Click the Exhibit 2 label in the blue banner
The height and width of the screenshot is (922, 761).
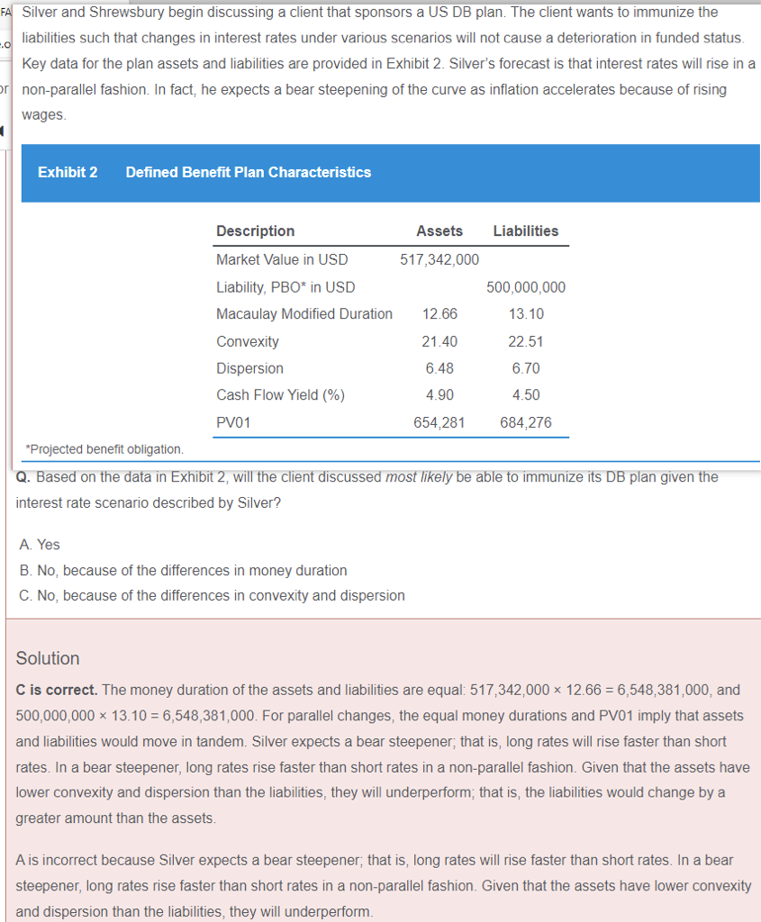click(68, 172)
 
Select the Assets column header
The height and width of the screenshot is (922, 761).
click(439, 230)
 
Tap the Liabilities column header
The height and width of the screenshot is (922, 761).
click(526, 230)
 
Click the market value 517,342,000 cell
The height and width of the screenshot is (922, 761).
click(439, 259)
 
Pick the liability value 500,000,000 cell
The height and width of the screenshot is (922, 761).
click(526, 287)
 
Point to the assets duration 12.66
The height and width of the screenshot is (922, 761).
click(439, 314)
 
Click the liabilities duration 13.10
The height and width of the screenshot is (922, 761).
click(526, 314)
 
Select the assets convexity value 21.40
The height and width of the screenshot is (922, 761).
click(439, 341)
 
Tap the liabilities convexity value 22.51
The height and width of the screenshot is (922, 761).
click(526, 341)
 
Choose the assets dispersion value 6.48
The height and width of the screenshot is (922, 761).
click(439, 368)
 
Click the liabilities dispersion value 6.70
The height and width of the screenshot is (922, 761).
click(526, 368)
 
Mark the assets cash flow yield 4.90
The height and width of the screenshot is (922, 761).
click(439, 394)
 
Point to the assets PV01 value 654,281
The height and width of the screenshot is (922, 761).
click(439, 422)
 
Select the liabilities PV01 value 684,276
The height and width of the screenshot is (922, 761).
click(526, 422)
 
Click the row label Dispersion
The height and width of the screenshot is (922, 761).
click(249, 368)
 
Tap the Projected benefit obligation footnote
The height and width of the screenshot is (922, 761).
click(104, 448)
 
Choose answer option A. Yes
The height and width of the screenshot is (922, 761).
click(40, 545)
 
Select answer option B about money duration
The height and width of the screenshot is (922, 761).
click(183, 570)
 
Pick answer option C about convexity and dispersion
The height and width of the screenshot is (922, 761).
click(212, 595)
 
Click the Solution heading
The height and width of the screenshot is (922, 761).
click(48, 658)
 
